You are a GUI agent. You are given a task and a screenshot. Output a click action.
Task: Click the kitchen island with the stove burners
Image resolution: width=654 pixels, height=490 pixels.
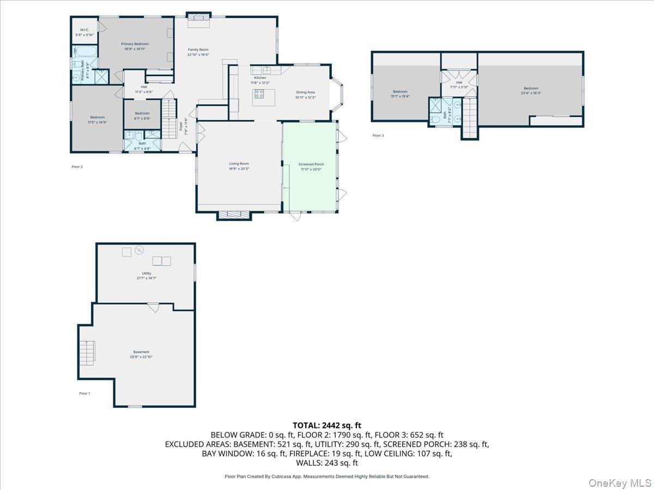[264, 97]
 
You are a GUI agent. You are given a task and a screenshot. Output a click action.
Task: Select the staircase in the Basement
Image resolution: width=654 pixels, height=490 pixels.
[87, 353]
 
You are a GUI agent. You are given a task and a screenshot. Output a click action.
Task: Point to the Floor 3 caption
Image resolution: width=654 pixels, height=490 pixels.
[378, 136]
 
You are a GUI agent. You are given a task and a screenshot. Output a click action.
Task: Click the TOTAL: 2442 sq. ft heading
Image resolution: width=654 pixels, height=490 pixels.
[327, 425]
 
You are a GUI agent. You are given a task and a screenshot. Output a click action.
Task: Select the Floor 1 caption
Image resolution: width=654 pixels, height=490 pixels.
[84, 393]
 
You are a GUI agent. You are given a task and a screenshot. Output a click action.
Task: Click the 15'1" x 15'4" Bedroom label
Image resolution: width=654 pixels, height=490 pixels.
[400, 94]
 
